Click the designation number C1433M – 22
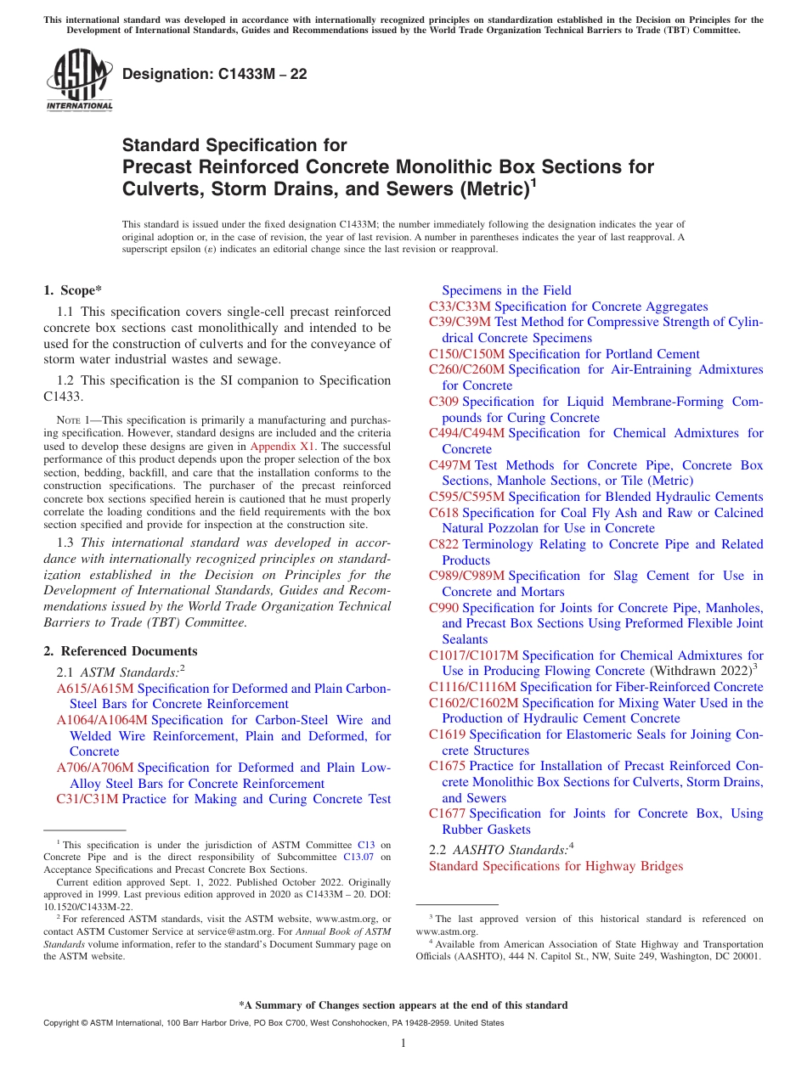click(215, 75)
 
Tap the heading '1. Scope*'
click(73, 290)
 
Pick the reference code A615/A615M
click(95, 689)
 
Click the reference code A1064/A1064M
click(102, 720)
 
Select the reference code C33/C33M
click(460, 307)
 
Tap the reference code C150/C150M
click(466, 354)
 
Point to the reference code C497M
click(449, 465)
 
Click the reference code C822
click(443, 544)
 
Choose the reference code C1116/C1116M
click(472, 687)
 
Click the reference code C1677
click(447, 813)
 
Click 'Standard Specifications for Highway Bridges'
click(556, 866)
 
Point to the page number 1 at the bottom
click(403, 1043)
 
